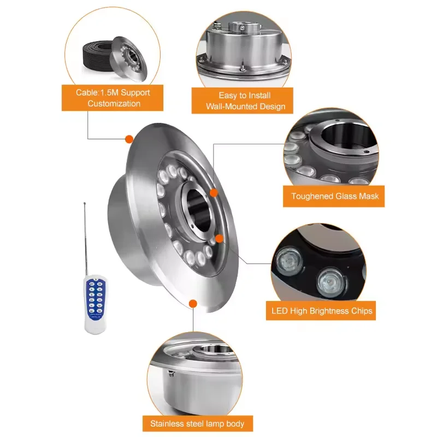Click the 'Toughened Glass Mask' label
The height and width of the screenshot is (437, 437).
[x=334, y=196]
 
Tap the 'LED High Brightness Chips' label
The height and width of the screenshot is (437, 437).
[x=322, y=311]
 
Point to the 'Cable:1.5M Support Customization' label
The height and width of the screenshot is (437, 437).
[x=114, y=98]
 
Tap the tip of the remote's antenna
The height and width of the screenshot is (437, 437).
[x=85, y=203]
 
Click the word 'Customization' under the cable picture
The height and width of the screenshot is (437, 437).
[x=114, y=103]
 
